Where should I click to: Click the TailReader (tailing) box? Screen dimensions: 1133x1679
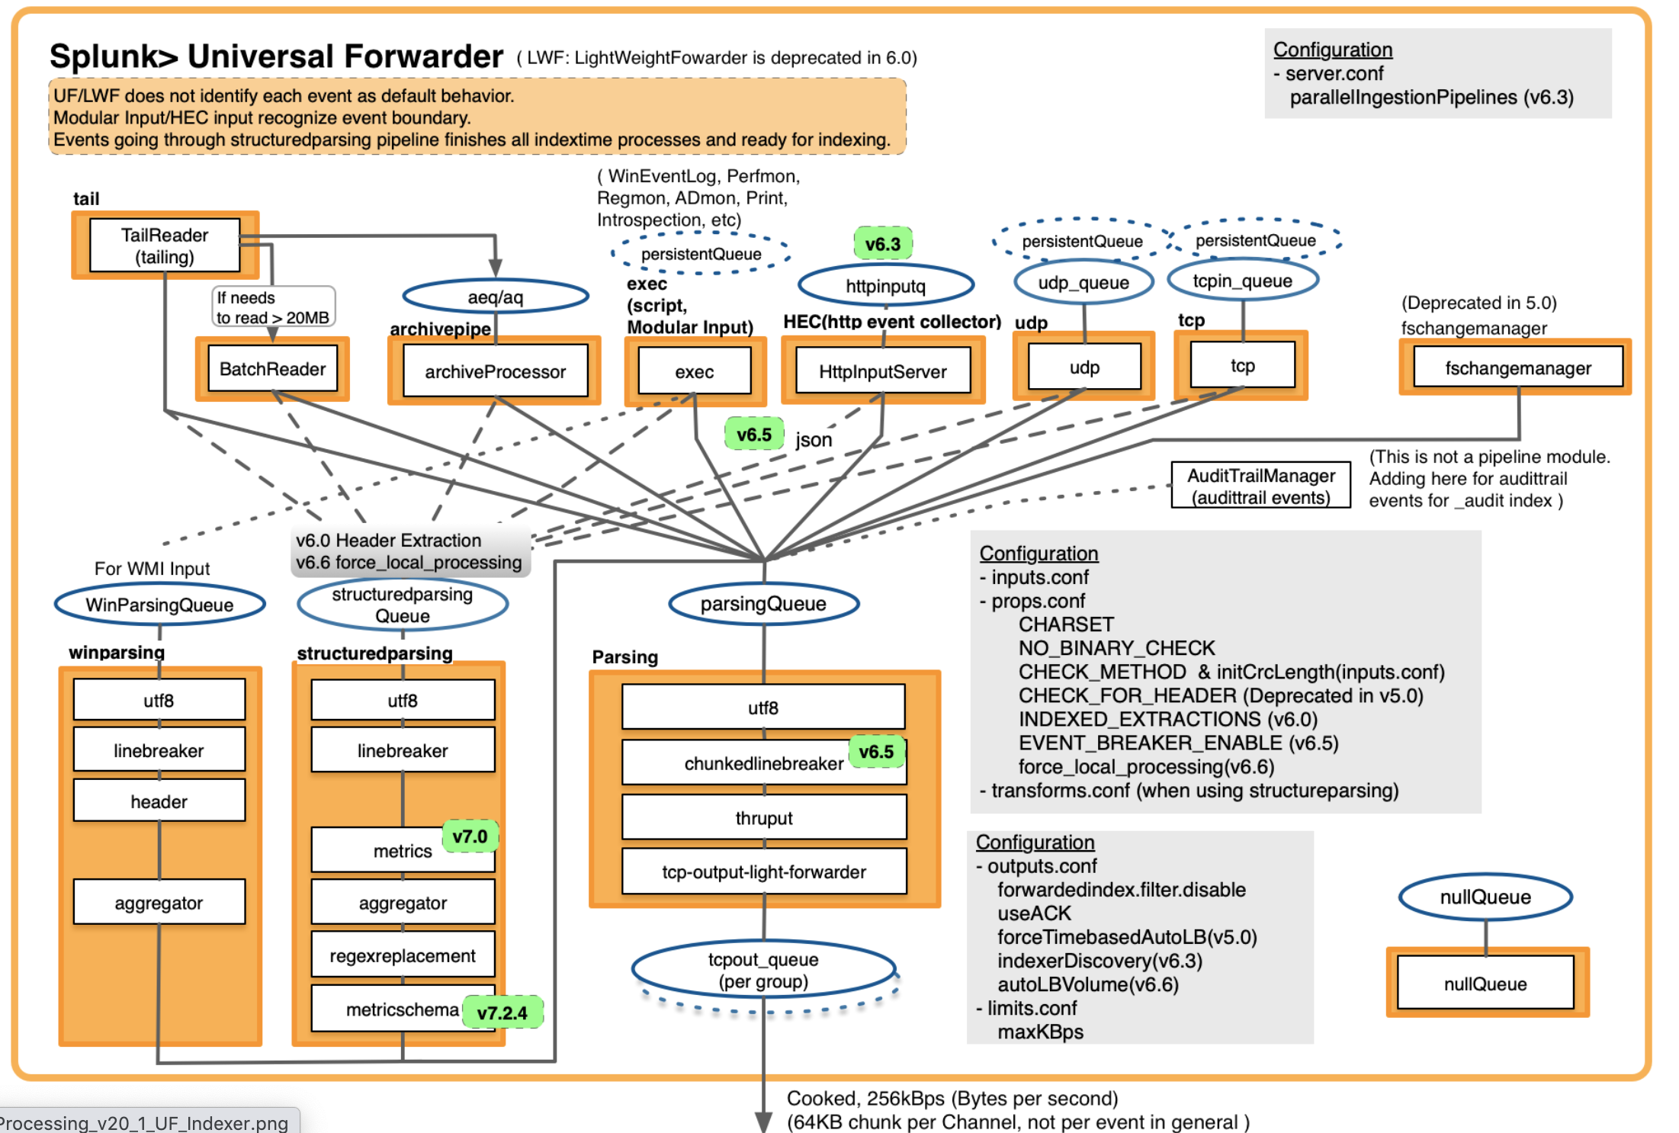click(x=165, y=246)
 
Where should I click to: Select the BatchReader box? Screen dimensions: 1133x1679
click(x=272, y=369)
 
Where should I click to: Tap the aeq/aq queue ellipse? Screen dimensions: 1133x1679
click(x=495, y=297)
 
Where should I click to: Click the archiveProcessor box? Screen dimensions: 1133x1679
click(x=495, y=371)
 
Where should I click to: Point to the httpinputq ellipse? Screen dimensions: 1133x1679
click(x=885, y=286)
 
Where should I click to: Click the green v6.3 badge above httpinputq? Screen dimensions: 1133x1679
click(x=882, y=244)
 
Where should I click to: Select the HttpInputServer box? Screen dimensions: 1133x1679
click(x=882, y=371)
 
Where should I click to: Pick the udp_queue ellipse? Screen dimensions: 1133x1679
click(x=1083, y=283)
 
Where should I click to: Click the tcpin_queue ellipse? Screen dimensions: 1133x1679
click(x=1242, y=281)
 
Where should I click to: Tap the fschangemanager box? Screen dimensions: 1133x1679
click(x=1517, y=368)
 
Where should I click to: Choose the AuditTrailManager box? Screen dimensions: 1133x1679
click(x=1260, y=486)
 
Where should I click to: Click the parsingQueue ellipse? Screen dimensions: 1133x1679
click(x=763, y=604)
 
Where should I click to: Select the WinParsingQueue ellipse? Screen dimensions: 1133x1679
click(x=159, y=605)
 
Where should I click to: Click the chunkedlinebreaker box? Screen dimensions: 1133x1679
click(x=763, y=763)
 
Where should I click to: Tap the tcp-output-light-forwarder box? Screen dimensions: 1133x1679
click(x=763, y=871)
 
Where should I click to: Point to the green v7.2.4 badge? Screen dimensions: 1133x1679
click(x=502, y=1013)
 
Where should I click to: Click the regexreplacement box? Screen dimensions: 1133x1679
click(x=402, y=955)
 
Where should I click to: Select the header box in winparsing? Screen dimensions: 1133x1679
click(x=159, y=801)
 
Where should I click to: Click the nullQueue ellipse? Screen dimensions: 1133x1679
click(x=1485, y=897)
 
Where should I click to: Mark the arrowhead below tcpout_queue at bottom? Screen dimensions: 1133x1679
click(x=763, y=1121)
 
